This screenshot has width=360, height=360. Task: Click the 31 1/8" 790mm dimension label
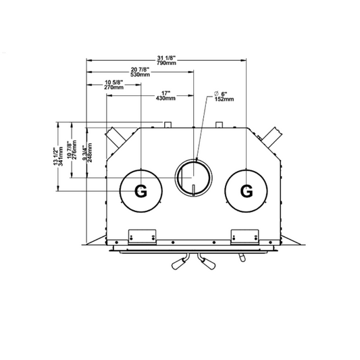166,60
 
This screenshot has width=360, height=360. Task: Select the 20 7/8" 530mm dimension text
140,72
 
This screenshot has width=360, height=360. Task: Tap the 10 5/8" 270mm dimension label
114,84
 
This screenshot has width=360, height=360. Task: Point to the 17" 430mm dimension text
165,96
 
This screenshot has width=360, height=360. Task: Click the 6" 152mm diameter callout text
224,97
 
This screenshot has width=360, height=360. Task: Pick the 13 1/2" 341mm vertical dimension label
58,156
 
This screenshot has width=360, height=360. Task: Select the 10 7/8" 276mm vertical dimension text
72,150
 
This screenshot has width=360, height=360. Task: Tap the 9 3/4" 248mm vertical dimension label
88,153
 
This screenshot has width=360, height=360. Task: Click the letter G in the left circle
140,190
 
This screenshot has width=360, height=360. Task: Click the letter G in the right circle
247,190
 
